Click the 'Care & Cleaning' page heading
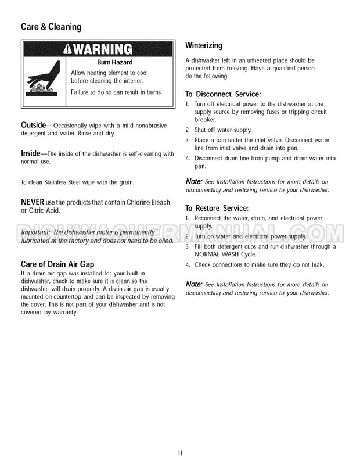51,26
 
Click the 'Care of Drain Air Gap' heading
57,264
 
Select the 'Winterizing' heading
203,46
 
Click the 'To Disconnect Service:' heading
222,94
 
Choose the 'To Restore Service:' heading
217,208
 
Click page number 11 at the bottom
180,451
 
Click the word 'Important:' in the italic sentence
36,232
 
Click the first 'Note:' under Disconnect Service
194,182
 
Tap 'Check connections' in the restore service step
221,265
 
